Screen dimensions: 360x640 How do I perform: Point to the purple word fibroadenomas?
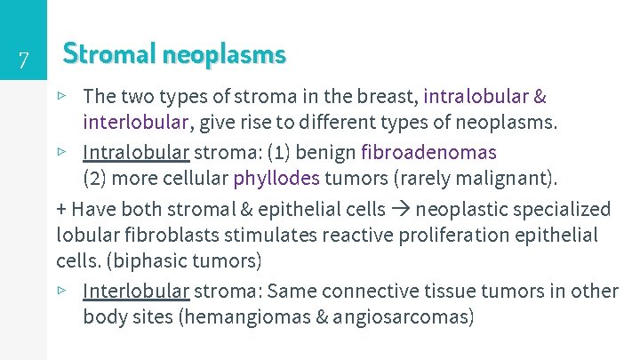tap(428, 152)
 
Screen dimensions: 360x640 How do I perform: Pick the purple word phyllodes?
tap(276, 178)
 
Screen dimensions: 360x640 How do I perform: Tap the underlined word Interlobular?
tap(136, 291)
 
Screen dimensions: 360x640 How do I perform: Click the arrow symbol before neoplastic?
tap(401, 210)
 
